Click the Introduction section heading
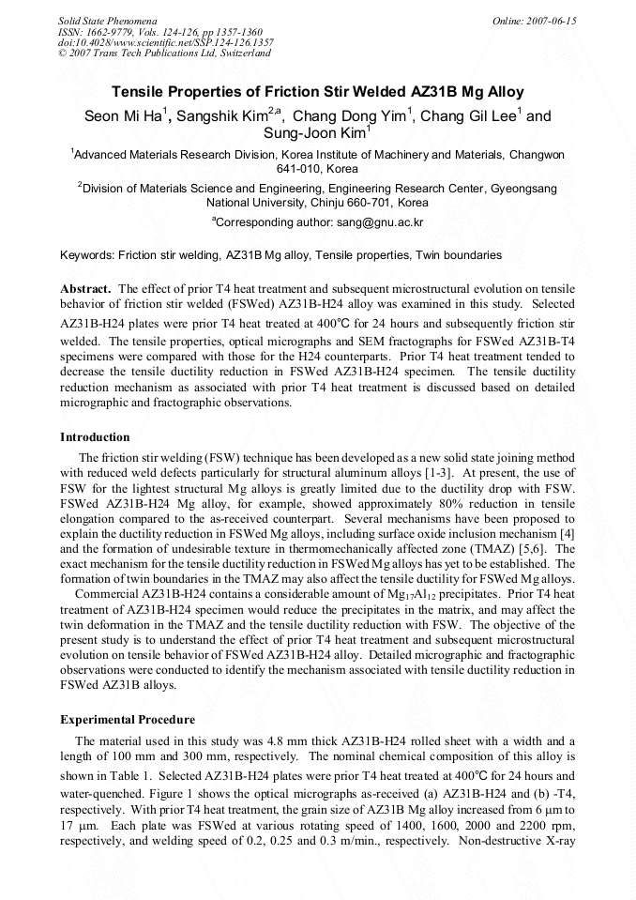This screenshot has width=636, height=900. pyautogui.click(x=95, y=437)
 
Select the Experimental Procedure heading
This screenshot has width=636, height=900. pyautogui.click(x=128, y=720)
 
